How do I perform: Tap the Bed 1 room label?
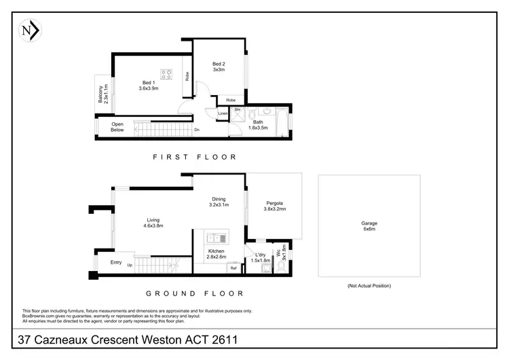pos(148,84)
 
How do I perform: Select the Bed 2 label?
pos(219,67)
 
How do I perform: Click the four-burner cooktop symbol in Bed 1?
pos(167,74)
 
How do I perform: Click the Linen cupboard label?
pos(223,113)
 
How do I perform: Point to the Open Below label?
pos(118,127)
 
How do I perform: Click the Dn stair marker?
pos(197,130)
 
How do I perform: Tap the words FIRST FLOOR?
pos(195,157)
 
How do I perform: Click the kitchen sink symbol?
pos(218,238)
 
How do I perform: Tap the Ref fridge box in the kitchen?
pos(233,268)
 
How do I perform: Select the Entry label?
pos(116,262)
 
